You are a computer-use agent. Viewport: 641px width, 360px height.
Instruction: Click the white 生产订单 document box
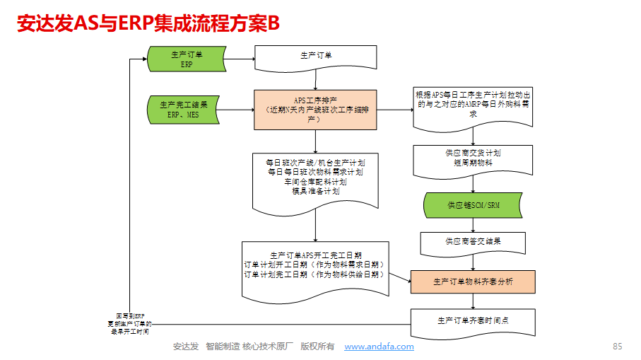coord(315,57)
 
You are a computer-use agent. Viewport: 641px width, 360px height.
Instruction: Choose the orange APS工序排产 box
coord(315,109)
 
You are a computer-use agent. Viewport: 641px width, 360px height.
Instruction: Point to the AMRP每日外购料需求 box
coord(473,106)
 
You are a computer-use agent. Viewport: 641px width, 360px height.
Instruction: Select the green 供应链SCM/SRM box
coord(473,205)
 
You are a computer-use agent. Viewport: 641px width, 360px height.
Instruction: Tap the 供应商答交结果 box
coord(473,241)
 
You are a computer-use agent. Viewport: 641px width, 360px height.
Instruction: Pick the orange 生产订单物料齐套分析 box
coord(473,281)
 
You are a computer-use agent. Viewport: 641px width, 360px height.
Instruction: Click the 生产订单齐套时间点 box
coord(473,320)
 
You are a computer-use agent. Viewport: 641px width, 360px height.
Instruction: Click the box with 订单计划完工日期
coord(315,265)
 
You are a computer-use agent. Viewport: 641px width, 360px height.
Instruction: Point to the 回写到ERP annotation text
coord(129,323)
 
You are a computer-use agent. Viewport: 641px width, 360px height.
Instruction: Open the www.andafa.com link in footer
coord(379,347)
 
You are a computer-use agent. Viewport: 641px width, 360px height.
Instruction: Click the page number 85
coord(617,347)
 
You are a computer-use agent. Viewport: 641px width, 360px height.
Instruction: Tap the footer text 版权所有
coord(317,347)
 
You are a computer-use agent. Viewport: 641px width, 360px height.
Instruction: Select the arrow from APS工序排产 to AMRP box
coord(394,110)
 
